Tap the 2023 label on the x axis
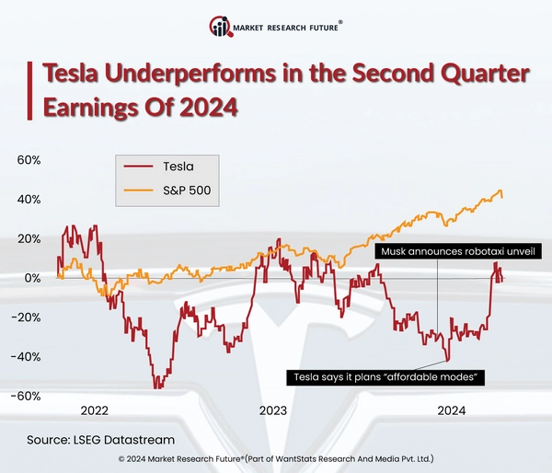coord(273,410)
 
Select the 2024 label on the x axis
coord(452,410)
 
